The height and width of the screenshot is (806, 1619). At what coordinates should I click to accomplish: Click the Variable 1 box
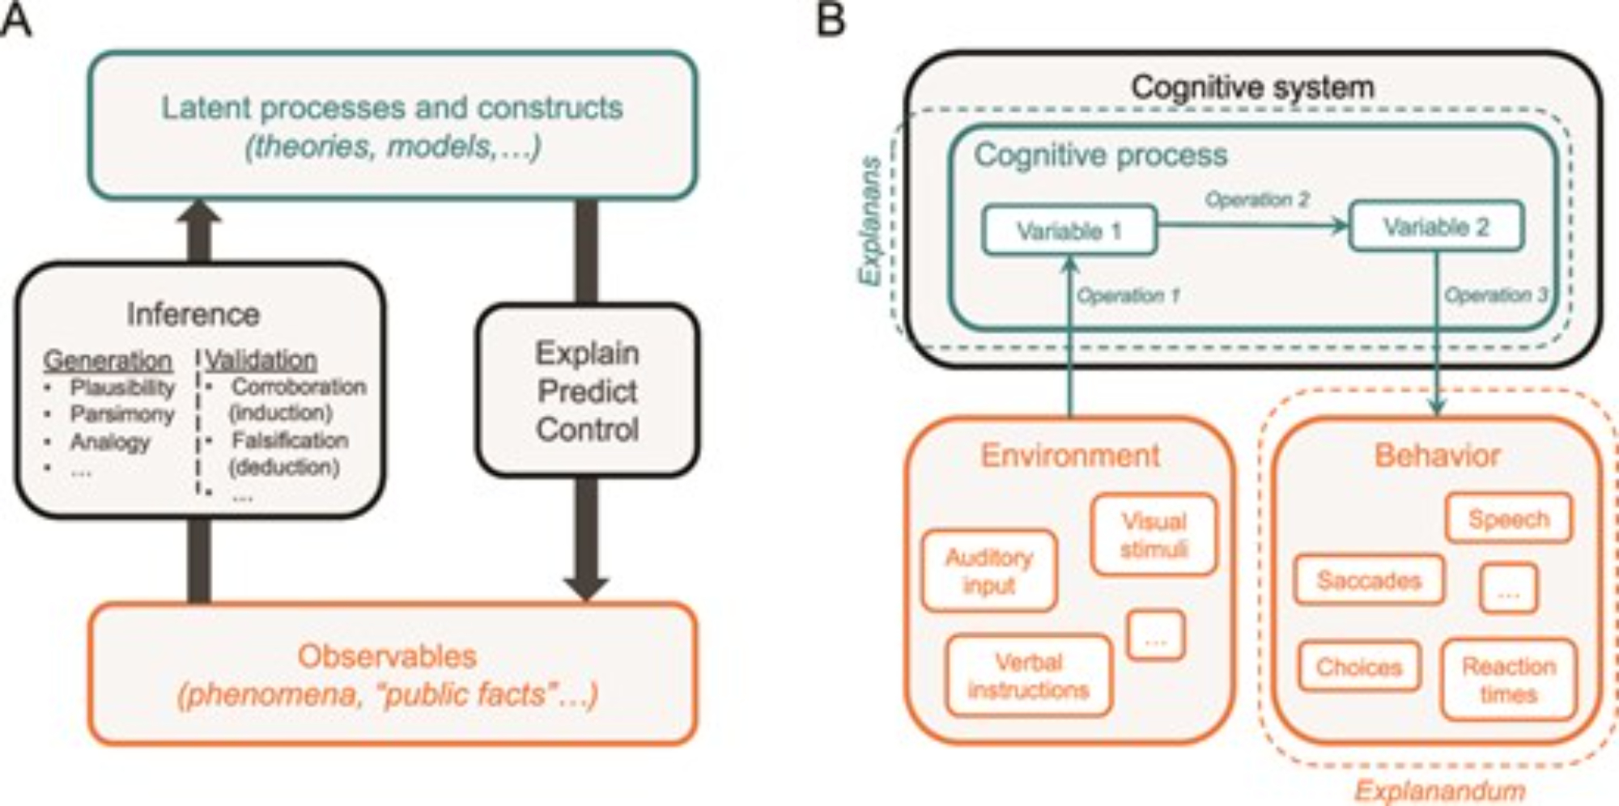tap(1069, 231)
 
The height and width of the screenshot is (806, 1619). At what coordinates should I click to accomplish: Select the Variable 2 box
tap(1436, 227)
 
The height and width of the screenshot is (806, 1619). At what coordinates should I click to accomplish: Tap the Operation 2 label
tap(1256, 199)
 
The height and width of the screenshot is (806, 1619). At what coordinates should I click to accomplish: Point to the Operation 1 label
tap(1128, 295)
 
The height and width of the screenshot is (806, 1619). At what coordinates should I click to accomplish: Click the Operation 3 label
tap(1496, 295)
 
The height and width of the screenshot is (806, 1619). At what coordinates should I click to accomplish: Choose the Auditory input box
tap(989, 571)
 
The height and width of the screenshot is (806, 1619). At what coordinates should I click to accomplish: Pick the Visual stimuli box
tap(1154, 535)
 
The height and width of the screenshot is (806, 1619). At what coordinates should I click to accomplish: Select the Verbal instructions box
tap(1028, 676)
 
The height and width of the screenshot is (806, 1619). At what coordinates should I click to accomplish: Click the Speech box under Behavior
tap(1509, 519)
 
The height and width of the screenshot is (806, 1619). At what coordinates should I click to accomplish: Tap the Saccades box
tap(1369, 579)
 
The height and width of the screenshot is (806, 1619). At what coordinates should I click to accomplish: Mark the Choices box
tap(1359, 667)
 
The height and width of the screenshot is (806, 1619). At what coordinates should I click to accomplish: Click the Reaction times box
tap(1509, 680)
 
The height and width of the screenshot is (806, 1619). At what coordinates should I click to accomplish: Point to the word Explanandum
tap(1440, 790)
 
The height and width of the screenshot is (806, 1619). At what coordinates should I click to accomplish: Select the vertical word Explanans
tap(870, 220)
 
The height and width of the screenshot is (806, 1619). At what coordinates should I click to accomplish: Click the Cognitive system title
tap(1252, 87)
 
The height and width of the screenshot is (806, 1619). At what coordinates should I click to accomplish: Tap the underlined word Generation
tap(108, 360)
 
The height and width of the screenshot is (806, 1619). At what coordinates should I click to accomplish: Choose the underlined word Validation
tap(261, 360)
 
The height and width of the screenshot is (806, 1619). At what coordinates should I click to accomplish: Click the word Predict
tap(588, 392)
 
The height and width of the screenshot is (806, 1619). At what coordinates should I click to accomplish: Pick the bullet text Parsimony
tap(122, 414)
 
